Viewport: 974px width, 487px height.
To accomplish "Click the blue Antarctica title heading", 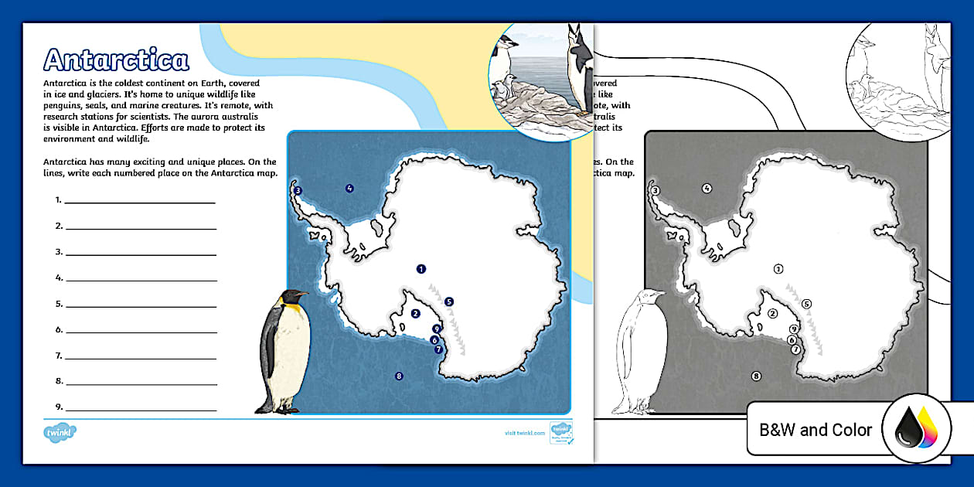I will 116,60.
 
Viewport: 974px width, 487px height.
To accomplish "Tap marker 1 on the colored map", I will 421,269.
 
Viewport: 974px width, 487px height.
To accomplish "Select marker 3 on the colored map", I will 298,190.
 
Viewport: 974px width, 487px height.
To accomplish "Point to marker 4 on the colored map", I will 349,188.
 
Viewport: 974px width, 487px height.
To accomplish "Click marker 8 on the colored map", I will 399,376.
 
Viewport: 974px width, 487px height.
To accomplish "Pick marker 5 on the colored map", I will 449,301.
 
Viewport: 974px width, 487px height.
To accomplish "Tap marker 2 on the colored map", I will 415,313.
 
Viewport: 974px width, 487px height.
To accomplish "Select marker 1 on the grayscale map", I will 778,268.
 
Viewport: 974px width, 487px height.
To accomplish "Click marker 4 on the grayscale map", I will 707,188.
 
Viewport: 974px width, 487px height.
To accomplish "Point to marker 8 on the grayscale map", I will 756,376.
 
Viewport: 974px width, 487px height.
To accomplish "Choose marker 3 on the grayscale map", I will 655,190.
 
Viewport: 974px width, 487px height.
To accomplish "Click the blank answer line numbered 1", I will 140,203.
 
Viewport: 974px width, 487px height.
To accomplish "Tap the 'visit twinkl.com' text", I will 524,434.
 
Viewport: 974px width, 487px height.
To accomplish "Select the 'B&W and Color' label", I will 816,431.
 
